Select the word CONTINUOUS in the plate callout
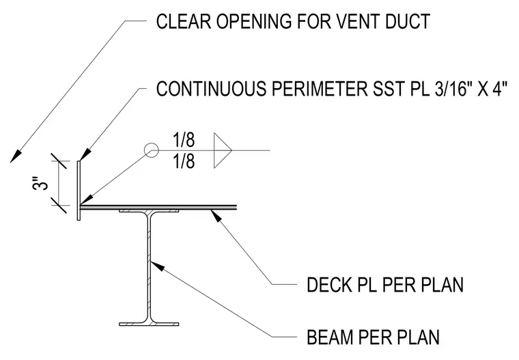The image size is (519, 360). coord(211,89)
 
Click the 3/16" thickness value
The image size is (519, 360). coord(451,88)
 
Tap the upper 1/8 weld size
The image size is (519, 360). coord(184,140)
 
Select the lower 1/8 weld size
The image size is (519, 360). coord(184,162)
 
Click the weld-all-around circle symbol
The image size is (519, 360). coord(152,150)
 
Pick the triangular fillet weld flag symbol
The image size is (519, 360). coord(223,150)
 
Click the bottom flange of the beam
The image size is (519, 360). coord(149,324)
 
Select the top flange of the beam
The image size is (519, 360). coord(149,211)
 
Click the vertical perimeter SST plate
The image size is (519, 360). coord(79,191)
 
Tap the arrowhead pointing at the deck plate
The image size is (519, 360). coord(216,216)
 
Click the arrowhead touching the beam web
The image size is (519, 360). coord(156,266)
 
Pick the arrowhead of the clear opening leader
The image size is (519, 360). coord(15,156)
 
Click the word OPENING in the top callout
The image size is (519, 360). coord(254,22)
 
